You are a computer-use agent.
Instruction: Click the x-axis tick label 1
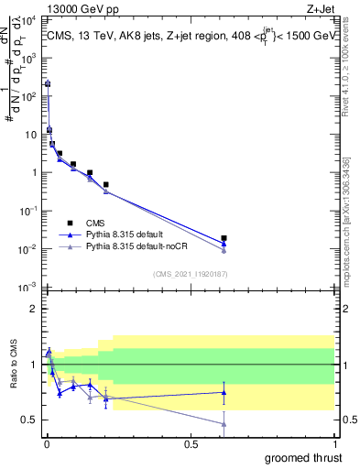[334, 444]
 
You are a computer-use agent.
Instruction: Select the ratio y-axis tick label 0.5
[28, 420]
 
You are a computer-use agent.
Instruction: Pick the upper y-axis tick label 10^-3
[28, 288]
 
